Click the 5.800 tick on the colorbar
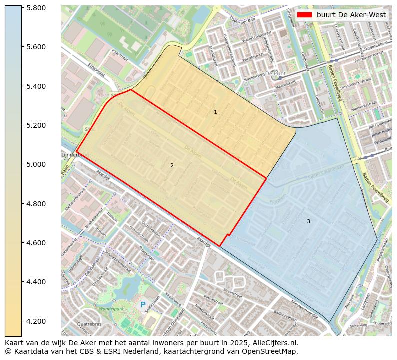pyautogui.click(x=36, y=8)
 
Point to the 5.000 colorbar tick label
pyautogui.click(x=36, y=164)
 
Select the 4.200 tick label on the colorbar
pyautogui.click(x=36, y=321)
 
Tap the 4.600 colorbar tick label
pyautogui.click(x=36, y=243)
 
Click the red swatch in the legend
pyautogui.click(x=304, y=15)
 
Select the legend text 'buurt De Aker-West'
pyautogui.click(x=351, y=15)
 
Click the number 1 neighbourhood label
pyautogui.click(x=215, y=112)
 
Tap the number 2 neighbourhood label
pyautogui.click(x=172, y=165)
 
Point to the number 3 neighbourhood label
pyautogui.click(x=308, y=221)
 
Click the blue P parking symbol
pyautogui.click(x=143, y=304)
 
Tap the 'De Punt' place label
pyautogui.click(x=275, y=73)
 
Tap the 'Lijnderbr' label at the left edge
pyautogui.click(x=71, y=155)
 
